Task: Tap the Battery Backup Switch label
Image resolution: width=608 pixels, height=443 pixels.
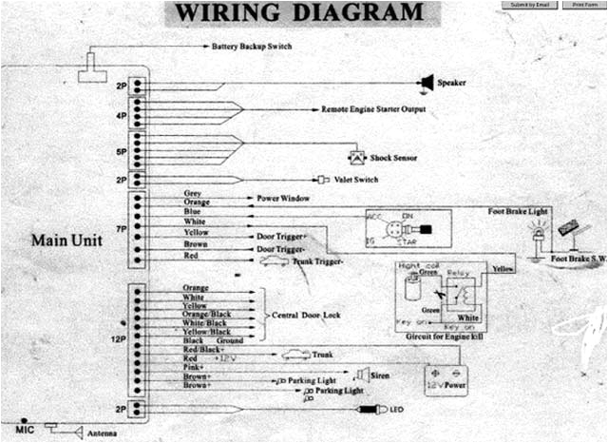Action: click(x=252, y=46)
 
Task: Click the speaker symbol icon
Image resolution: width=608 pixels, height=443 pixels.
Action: click(x=427, y=83)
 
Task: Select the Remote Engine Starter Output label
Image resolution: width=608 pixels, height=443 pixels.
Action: click(x=373, y=110)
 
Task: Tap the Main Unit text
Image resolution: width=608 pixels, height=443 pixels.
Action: click(x=66, y=240)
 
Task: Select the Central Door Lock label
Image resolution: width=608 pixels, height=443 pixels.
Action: click(x=307, y=313)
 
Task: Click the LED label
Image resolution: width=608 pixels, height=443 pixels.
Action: click(x=396, y=410)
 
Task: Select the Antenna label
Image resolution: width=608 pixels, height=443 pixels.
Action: click(x=104, y=434)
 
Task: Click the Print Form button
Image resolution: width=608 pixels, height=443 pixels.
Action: click(x=582, y=6)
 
